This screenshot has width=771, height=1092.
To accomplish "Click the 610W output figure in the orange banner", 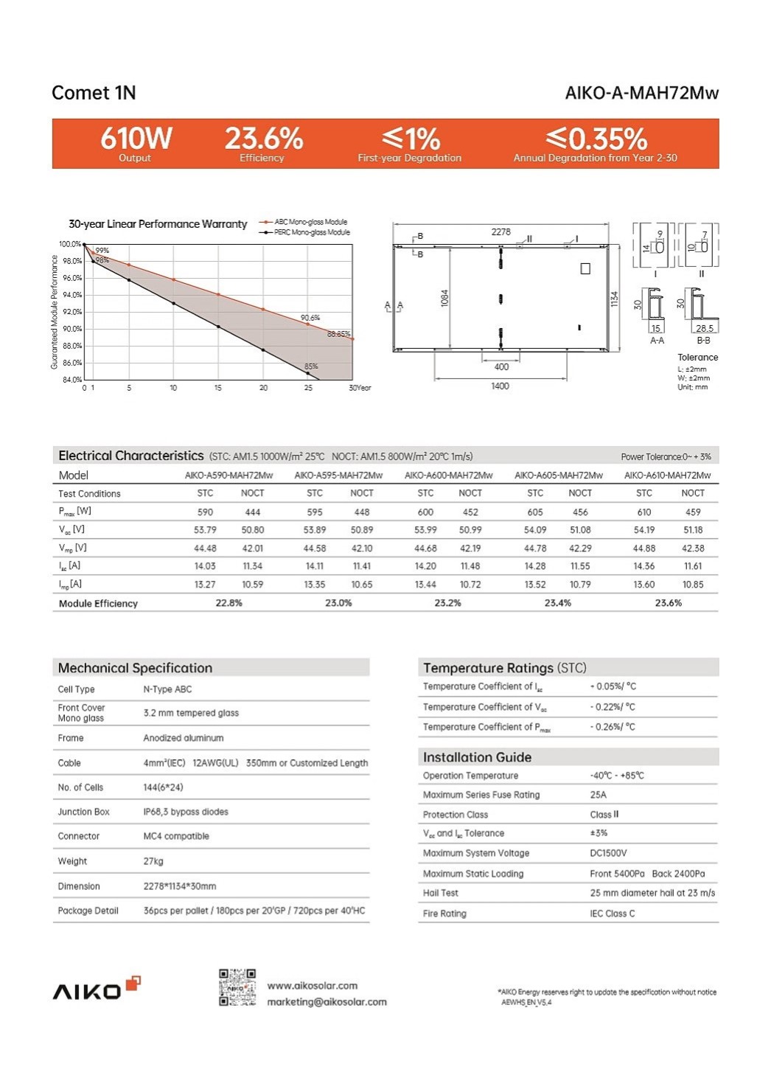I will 136,139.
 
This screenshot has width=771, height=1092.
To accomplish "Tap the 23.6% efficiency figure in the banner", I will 263,139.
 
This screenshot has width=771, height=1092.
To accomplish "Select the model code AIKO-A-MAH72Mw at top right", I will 641,93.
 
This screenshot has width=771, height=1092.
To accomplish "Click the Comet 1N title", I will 94,93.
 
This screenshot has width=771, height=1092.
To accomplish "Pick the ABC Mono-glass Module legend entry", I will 310,222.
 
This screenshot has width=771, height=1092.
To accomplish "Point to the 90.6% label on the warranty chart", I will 310,318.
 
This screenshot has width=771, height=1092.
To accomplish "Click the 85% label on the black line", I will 311,366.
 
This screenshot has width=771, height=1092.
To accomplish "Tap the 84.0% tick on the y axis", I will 71,380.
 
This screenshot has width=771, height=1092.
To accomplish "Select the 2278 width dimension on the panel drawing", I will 500,232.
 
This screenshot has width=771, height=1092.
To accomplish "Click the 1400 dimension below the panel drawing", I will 500,386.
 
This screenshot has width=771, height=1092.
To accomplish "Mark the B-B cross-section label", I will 703,341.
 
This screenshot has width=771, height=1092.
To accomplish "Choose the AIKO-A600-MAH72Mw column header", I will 448,476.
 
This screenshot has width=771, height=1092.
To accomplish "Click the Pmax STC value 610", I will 644,512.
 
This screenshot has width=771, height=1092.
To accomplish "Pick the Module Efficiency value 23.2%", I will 447,603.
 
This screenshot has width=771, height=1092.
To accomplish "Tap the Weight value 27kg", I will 153,861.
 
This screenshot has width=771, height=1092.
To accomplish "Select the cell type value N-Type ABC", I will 167,689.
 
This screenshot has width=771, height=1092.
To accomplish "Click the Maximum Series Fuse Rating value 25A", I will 598,795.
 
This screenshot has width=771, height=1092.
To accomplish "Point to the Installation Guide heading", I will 477,757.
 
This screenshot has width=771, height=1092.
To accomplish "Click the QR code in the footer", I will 237,987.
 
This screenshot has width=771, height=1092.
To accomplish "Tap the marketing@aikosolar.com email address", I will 327,1002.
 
